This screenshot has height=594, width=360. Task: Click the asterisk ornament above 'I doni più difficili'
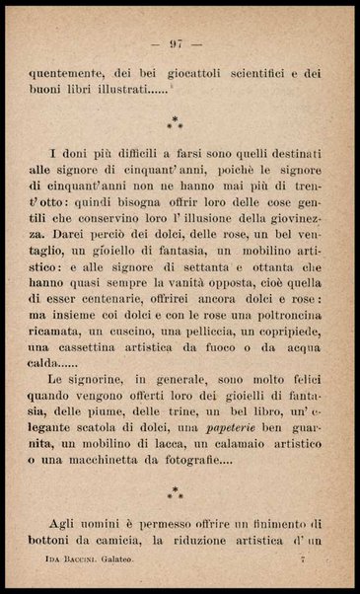click(x=178, y=123)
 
